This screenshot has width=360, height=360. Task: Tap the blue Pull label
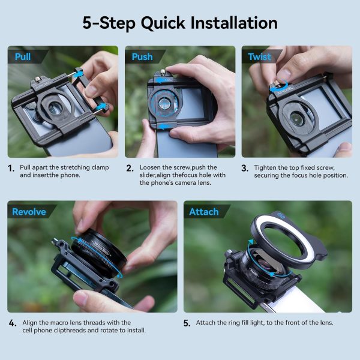tap(23, 57)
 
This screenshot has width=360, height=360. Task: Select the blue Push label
tap(142, 57)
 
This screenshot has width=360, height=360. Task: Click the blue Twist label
tap(260, 57)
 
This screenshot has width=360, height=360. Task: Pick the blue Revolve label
tap(29, 212)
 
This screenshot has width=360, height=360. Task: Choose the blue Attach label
tap(204, 212)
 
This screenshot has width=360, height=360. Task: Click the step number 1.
tap(11, 168)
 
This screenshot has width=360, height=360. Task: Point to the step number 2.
tap(130, 168)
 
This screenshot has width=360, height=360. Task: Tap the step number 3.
tap(245, 168)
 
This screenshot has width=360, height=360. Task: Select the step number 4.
tap(13, 323)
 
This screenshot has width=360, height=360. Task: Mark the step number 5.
tap(187, 323)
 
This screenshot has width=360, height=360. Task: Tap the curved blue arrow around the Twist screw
tap(278, 86)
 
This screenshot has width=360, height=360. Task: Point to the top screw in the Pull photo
tap(38, 80)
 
